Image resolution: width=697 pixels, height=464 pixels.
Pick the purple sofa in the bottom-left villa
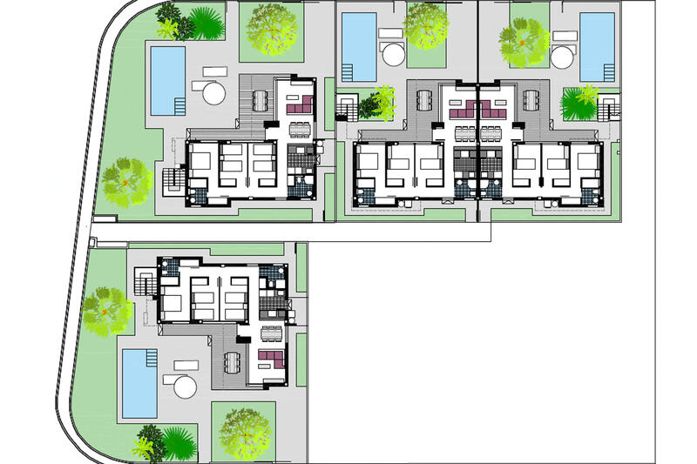point(271,358)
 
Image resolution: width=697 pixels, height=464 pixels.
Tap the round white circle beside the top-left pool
point(213,93)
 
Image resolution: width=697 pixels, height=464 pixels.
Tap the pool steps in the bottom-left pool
point(151,359)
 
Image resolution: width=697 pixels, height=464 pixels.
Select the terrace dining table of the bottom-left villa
point(231,363)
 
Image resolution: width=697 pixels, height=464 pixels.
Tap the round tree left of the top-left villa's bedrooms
point(125,181)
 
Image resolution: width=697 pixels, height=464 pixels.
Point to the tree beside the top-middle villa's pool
point(426,26)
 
